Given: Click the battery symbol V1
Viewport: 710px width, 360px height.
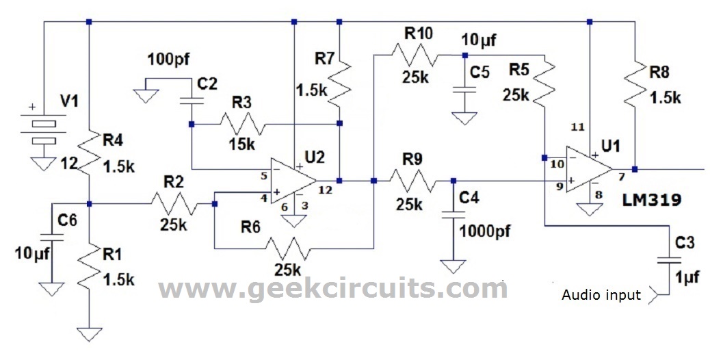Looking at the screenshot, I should [43, 130].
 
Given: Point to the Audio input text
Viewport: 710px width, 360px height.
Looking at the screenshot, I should [601, 295].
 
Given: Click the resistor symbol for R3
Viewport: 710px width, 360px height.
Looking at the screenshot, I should [242, 125].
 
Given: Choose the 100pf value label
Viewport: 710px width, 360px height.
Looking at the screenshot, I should [168, 60].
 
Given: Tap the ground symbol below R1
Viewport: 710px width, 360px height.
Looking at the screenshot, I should [90, 334].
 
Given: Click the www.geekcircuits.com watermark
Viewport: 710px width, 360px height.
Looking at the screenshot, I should [333, 288].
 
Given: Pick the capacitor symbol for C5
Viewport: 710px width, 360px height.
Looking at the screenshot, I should [464, 88].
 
